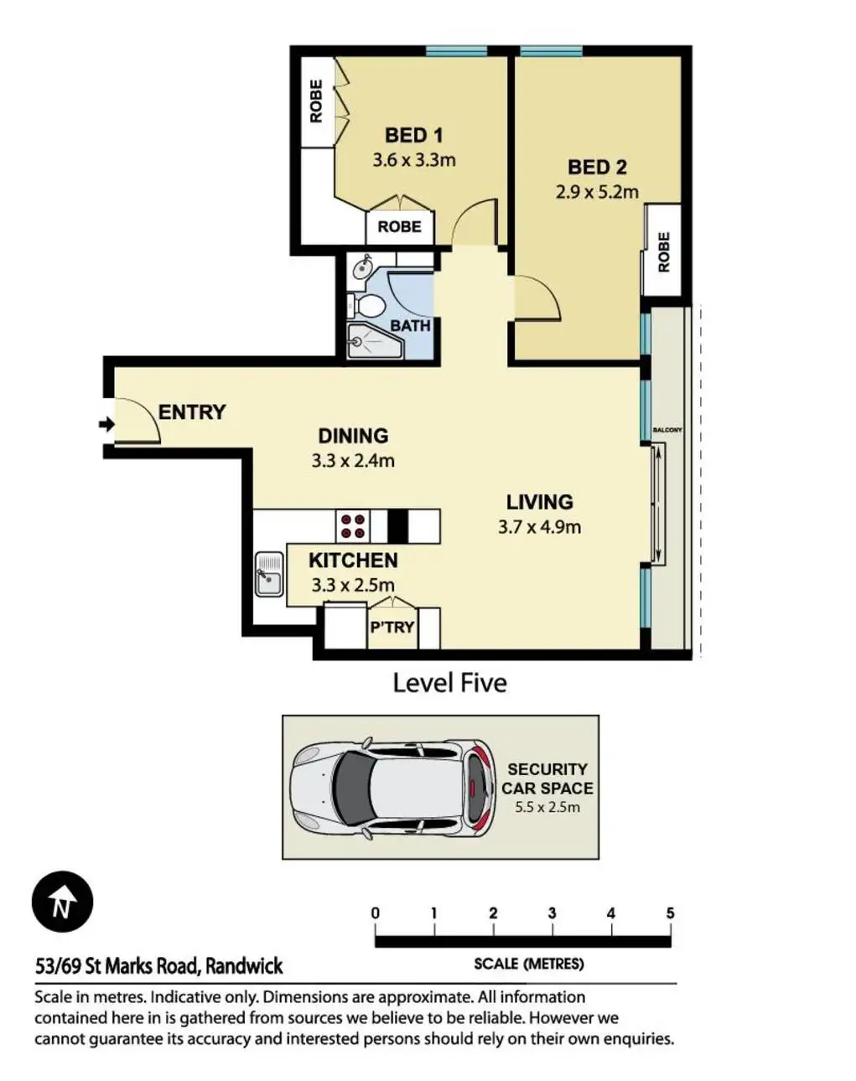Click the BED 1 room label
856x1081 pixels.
click(413, 136)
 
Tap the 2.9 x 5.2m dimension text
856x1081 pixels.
click(597, 192)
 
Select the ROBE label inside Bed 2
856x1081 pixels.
click(663, 252)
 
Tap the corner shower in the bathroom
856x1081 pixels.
click(375, 342)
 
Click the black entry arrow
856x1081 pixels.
click(106, 425)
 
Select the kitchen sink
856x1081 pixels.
click(269, 574)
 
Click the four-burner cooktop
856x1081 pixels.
click(353, 526)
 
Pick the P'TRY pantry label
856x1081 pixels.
click(392, 627)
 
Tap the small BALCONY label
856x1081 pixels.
click(667, 431)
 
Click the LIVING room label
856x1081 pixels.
click(539, 502)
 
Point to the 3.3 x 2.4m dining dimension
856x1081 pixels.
click(353, 461)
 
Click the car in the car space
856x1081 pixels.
click(393, 788)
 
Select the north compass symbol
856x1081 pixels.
click(62, 902)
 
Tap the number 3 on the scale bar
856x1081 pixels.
click(552, 913)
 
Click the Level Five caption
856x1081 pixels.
click(449, 683)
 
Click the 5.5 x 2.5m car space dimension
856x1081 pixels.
click(547, 808)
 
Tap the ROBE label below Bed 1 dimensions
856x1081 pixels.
click(400, 227)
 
